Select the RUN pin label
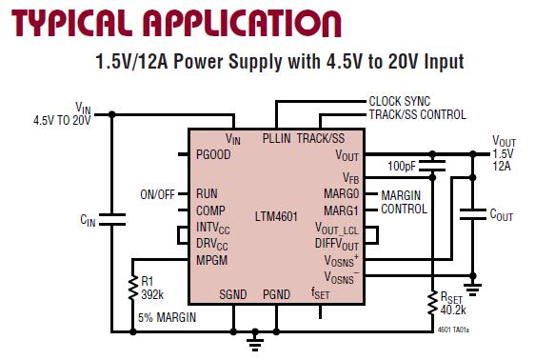click(x=207, y=193)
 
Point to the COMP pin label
click(x=210, y=210)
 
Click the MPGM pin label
click(x=211, y=259)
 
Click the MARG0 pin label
click(x=341, y=194)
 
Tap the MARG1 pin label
click(x=341, y=210)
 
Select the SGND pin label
click(x=232, y=294)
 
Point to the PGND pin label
click(x=276, y=294)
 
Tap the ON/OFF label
click(x=158, y=194)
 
